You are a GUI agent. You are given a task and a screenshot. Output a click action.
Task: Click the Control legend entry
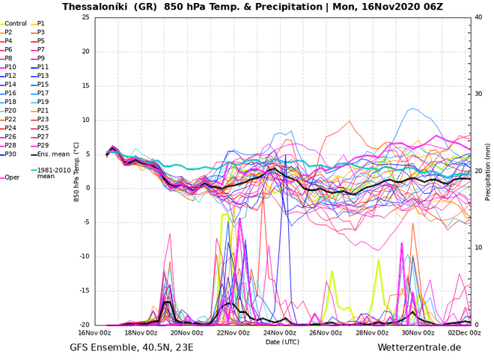click(16, 24)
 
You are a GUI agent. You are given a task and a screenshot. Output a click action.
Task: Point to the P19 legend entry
click(43, 102)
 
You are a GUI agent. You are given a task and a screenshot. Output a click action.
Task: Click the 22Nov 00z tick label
click(234, 332)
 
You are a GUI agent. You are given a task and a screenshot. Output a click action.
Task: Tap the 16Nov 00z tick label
click(94, 332)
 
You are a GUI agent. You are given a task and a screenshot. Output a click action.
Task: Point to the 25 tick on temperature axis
click(85, 17)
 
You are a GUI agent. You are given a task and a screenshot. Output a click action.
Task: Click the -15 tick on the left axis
click(84, 291)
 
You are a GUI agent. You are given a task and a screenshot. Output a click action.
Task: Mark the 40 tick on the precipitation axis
click(478, 17)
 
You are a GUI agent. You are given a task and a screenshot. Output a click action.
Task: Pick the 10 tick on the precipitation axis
click(478, 248)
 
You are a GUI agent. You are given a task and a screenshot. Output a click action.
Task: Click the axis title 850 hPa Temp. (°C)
click(76, 171)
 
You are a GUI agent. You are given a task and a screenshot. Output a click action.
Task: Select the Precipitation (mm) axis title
click(488, 171)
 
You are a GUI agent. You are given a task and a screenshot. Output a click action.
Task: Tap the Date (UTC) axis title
click(282, 341)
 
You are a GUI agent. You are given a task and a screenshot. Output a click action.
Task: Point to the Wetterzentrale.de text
click(419, 348)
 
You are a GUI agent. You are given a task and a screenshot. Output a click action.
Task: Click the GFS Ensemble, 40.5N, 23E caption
click(131, 348)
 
